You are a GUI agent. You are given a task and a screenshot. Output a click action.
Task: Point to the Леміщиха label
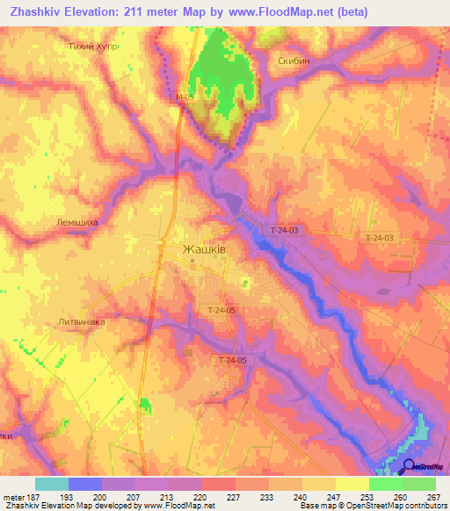pyautogui.click(x=77, y=223)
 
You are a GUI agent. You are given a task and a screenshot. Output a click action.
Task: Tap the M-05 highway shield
pyautogui.click(x=184, y=97)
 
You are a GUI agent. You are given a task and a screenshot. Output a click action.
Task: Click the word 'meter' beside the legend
pyautogui.click(x=13, y=498)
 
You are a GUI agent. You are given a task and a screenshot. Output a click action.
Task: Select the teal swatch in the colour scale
pyautogui.click(x=51, y=484)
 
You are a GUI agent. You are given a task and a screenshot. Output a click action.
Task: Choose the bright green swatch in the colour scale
pyautogui.click(x=386, y=484)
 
